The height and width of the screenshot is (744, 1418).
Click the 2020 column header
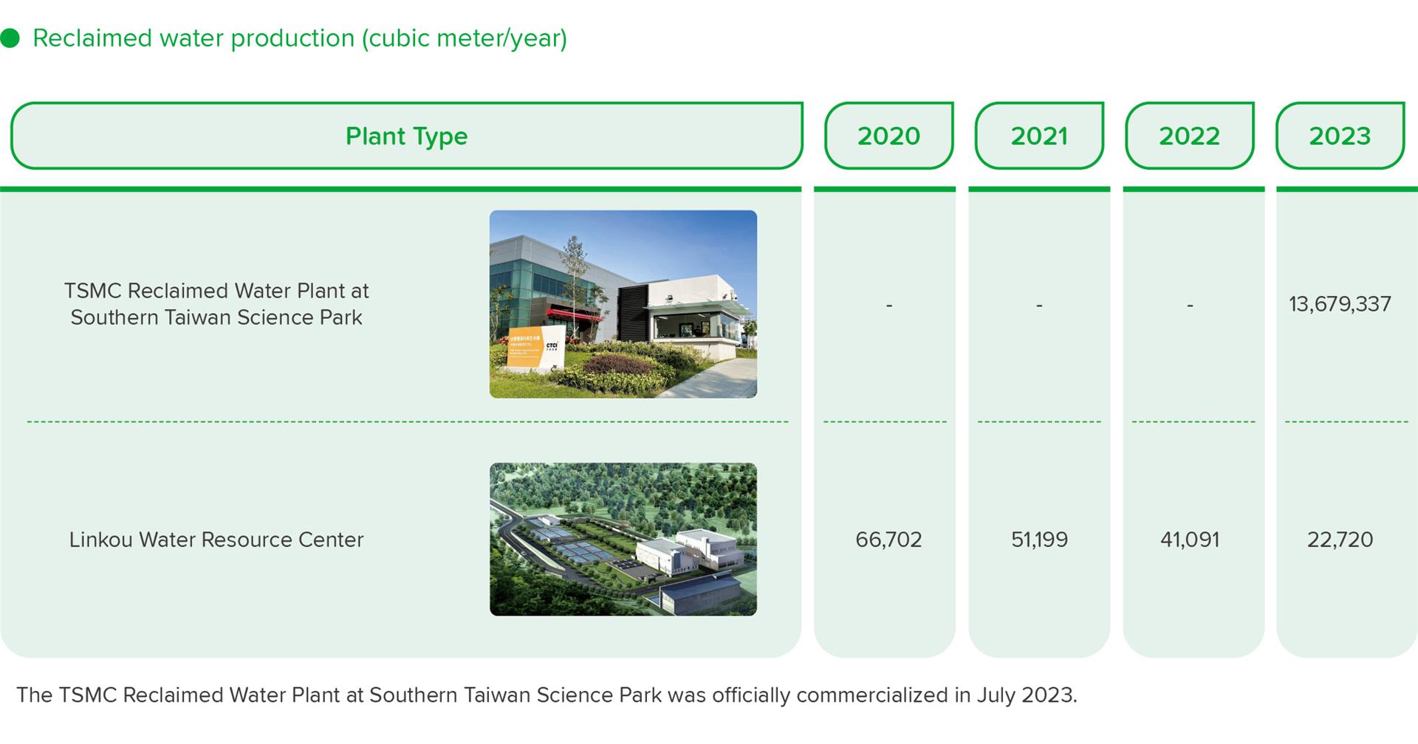(888, 136)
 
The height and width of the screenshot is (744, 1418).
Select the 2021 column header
(1039, 136)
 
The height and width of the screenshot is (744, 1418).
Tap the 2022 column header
(1189, 136)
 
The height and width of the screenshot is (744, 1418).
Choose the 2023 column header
(1340, 136)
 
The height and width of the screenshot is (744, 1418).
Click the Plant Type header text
(406, 137)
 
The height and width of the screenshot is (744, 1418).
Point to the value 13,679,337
(1340, 304)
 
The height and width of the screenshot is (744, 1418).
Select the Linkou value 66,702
(888, 540)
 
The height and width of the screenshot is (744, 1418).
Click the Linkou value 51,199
(1039, 540)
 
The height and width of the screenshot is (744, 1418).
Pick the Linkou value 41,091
(1189, 540)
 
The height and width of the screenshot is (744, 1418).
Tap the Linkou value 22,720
(1340, 540)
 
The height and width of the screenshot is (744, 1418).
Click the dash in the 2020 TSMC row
(888, 305)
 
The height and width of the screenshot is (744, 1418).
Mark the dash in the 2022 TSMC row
(1189, 305)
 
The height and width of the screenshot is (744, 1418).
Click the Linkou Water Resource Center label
(216, 540)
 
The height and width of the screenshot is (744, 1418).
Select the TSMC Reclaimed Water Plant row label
(216, 304)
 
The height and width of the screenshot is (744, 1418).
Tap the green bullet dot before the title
(10, 38)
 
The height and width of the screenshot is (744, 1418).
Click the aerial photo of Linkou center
(623, 540)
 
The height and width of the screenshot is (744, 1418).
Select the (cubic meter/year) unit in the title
(464, 38)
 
